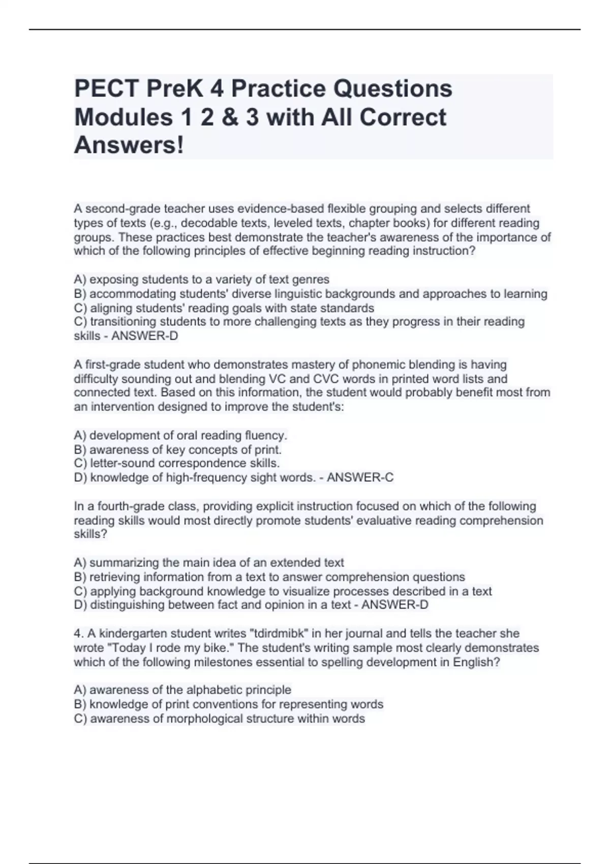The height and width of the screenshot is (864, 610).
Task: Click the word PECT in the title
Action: [x=106, y=89]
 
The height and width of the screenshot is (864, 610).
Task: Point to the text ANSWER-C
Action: [x=360, y=477]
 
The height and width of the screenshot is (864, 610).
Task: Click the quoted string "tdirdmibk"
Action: [x=275, y=633]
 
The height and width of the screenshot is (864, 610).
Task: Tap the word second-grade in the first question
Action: [x=123, y=208]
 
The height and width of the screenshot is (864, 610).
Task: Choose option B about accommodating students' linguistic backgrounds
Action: [x=310, y=294]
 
